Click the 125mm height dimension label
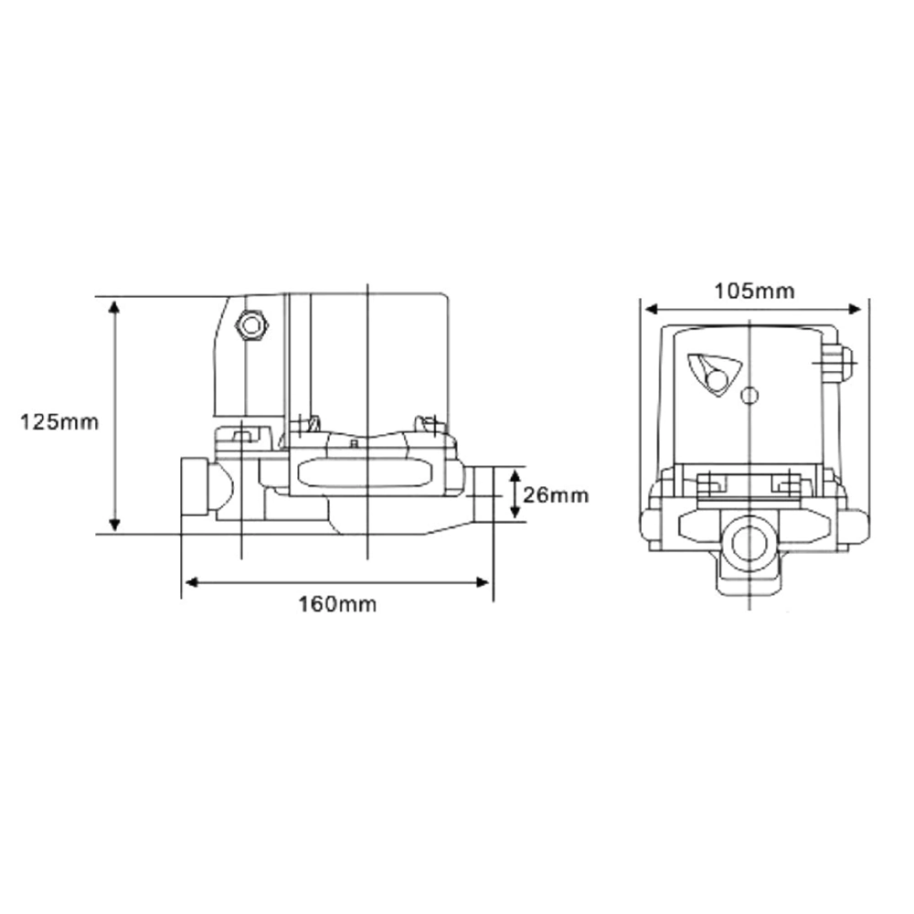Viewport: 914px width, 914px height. [x=58, y=422]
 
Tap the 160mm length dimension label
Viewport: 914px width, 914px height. [x=337, y=604]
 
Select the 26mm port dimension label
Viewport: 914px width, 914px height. [x=557, y=495]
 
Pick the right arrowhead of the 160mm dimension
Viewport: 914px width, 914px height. [x=484, y=581]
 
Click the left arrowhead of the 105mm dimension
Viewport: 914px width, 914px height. [x=646, y=308]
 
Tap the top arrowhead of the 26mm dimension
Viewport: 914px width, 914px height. [x=515, y=474]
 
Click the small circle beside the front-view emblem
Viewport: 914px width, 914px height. [x=749, y=396]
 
